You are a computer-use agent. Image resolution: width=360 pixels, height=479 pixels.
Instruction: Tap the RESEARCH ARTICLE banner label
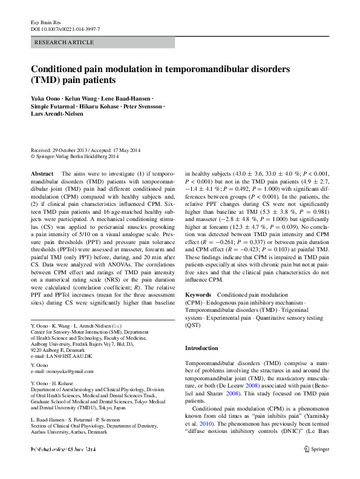pos(65,42)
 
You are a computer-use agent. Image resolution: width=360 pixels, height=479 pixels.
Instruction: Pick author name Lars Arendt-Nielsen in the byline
pos(59,113)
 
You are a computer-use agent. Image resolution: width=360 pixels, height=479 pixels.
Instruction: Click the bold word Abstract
pos(42,173)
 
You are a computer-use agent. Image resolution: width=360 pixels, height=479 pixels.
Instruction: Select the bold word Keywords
pos(198,294)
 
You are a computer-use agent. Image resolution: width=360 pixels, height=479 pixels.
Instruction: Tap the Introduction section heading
pos(201,348)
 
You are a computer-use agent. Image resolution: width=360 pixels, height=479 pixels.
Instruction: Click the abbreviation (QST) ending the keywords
pos(192,325)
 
